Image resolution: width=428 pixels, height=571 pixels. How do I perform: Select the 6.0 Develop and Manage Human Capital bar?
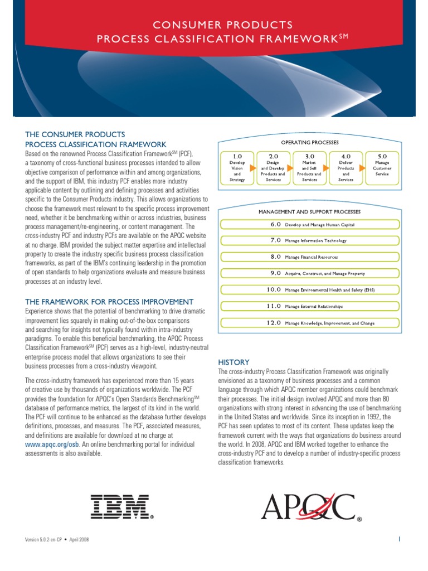click(310, 225)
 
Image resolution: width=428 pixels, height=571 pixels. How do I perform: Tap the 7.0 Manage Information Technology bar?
click(310, 241)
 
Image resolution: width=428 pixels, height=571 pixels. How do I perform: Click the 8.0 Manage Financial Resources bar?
click(310, 257)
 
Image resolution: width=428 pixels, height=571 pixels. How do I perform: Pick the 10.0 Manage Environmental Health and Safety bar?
click(310, 290)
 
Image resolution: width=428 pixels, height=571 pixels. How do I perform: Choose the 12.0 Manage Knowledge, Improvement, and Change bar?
click(310, 323)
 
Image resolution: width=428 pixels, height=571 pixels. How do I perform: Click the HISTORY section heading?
click(234, 362)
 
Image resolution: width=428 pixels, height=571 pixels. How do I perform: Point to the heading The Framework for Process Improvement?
click(109, 302)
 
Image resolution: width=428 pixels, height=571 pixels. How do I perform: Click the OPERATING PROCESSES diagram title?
click(310, 143)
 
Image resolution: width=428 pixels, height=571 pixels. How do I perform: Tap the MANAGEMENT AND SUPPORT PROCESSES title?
click(310, 212)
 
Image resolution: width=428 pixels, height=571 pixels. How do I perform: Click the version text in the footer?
click(57, 540)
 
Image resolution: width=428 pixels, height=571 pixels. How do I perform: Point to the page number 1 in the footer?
click(400, 539)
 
